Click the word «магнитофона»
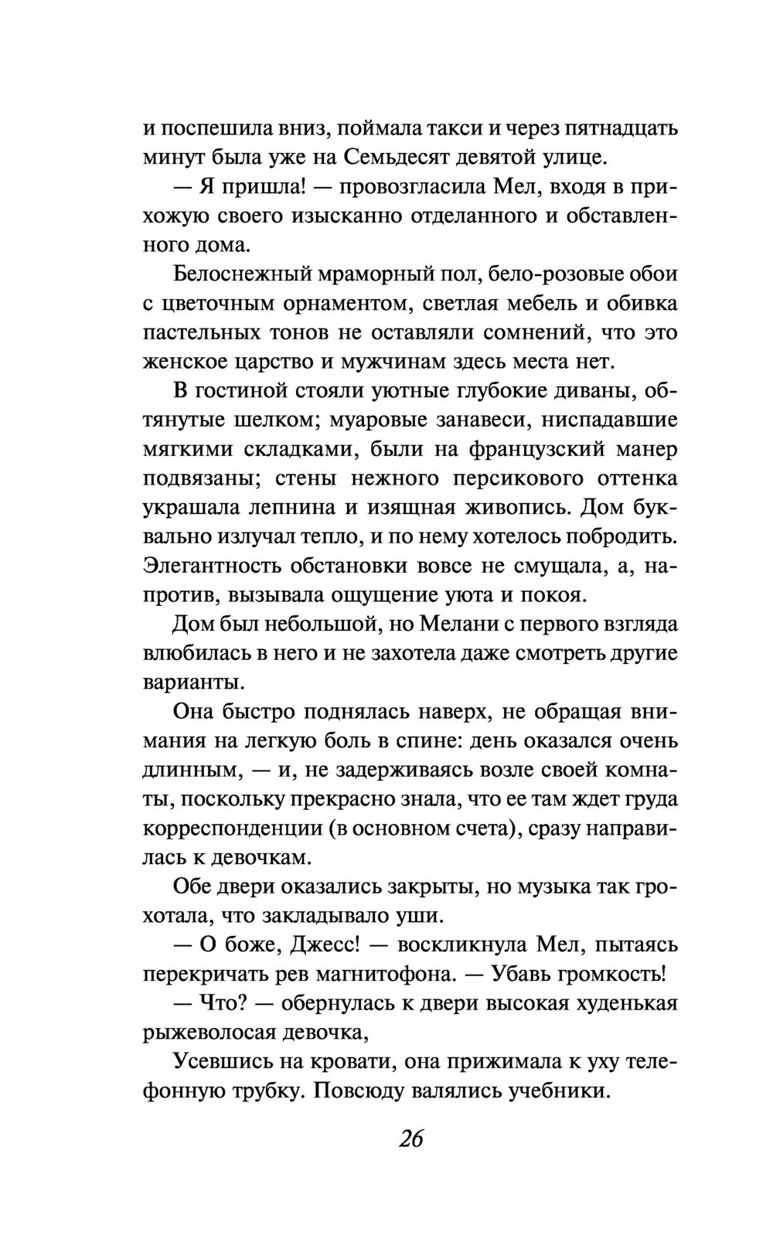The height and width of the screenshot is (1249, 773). pyautogui.click(x=391, y=974)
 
